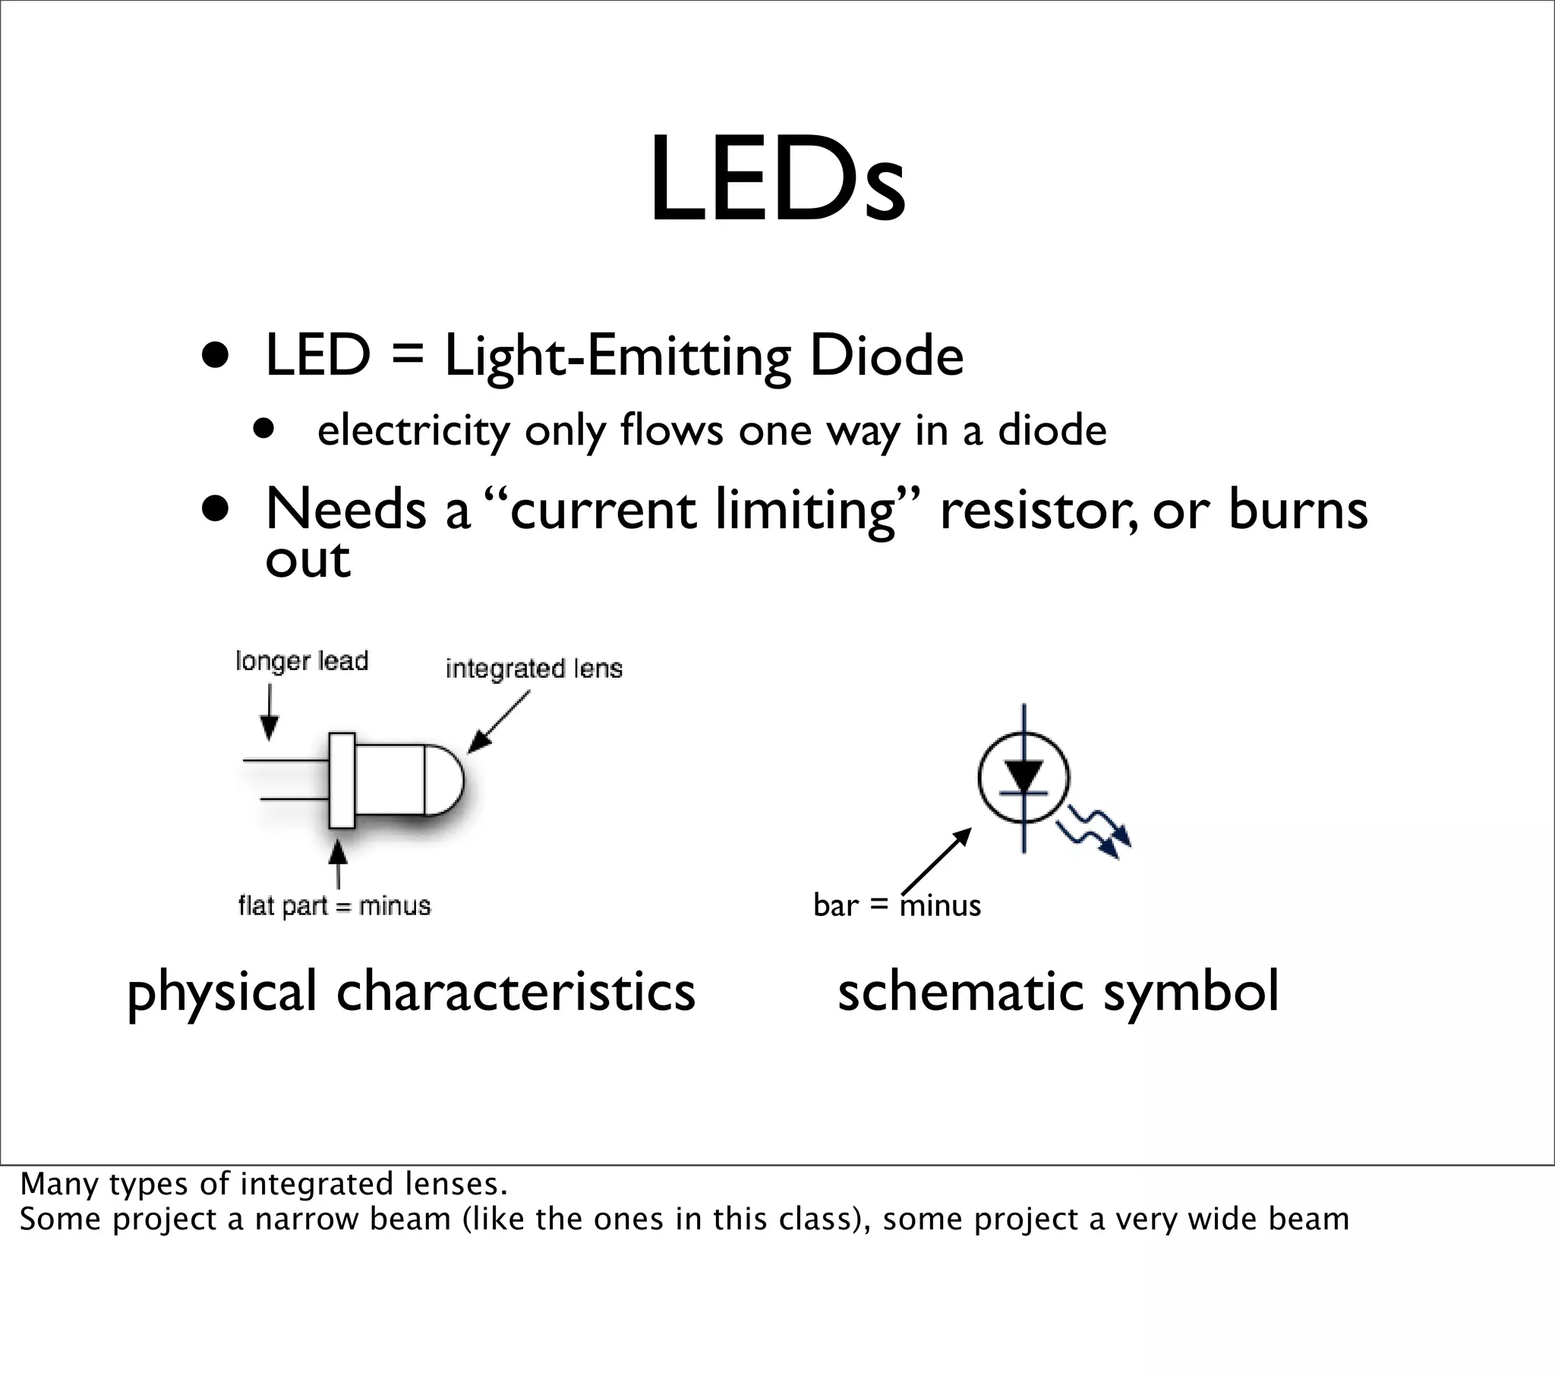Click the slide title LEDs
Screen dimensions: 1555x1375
777,181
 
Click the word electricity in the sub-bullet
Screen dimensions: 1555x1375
413,430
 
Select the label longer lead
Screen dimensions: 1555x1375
302,661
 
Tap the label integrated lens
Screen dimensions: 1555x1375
534,669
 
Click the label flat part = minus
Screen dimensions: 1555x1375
335,906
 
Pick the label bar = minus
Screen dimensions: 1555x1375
897,905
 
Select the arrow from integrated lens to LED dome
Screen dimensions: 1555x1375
497,722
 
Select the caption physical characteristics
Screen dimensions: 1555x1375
411,992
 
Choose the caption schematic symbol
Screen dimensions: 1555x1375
1058,992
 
